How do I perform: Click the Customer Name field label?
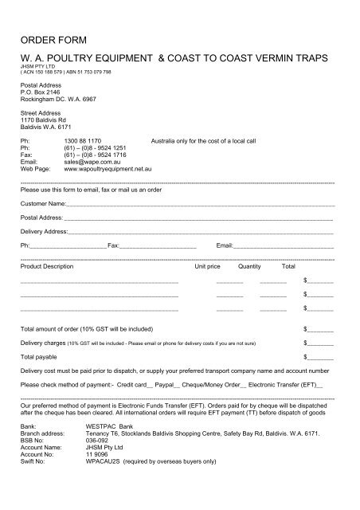coord(43,204)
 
